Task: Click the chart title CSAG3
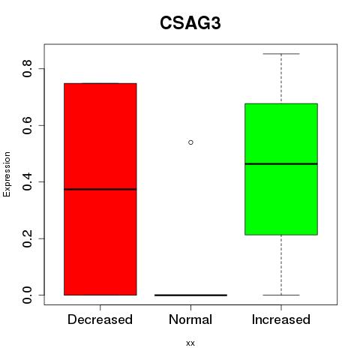190,23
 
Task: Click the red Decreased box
100,189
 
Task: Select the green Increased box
281,169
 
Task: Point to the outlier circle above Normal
190,142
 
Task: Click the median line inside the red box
100,189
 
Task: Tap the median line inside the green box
281,164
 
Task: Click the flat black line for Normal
190,295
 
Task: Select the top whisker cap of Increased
281,54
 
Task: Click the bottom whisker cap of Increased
281,295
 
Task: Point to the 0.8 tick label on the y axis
27,68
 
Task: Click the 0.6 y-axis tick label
27,125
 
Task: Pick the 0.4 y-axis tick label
27,181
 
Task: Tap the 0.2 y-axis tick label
27,238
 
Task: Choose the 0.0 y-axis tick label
27,295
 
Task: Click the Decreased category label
100,319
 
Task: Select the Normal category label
190,319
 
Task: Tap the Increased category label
281,319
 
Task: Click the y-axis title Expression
7,174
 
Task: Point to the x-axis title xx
190,343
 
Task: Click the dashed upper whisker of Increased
281,79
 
